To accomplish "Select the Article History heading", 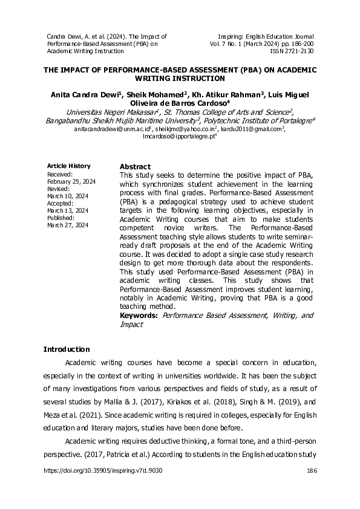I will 68,166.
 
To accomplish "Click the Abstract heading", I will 135,167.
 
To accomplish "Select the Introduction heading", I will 67,349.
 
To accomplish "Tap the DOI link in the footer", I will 103,470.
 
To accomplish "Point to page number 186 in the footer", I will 312,470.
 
